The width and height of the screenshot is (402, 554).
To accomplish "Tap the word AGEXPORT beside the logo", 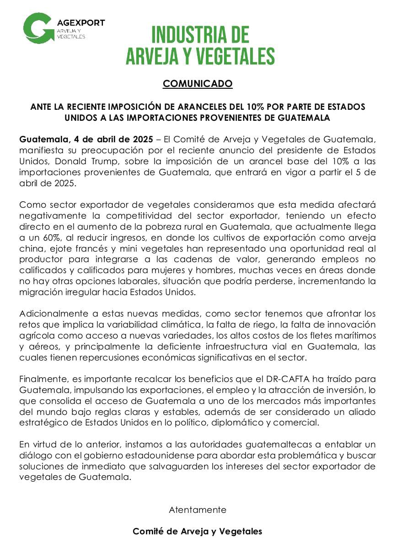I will click(81, 22).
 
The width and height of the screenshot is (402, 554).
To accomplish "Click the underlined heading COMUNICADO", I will click(198, 84).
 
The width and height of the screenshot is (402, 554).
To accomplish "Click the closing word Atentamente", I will click(198, 509).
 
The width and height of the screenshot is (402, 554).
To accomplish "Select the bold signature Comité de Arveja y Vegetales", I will click(198, 531).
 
